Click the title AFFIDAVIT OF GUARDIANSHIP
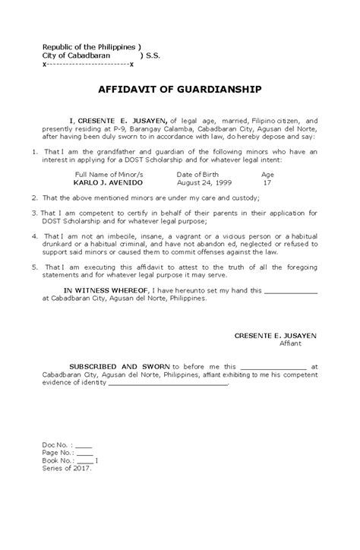coord(179,89)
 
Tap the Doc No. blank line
coord(84,445)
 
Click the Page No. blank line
coord(86,453)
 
